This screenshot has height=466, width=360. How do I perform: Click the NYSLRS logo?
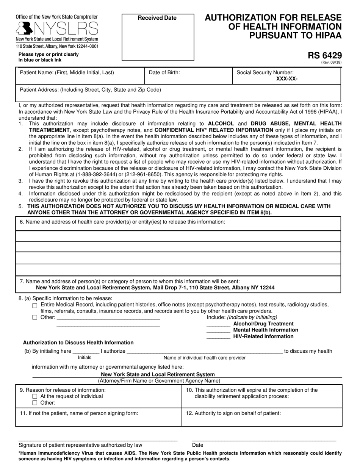(x=57, y=28)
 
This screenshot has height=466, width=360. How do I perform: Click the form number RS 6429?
(x=324, y=56)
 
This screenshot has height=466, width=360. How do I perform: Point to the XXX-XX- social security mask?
(x=287, y=79)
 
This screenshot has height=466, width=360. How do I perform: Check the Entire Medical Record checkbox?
(x=35, y=305)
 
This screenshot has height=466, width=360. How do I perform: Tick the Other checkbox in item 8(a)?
(x=35, y=317)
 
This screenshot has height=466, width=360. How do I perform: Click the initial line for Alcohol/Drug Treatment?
(x=218, y=324)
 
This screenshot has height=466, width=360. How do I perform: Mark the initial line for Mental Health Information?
(x=218, y=330)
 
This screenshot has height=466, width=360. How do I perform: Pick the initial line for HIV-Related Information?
(x=218, y=336)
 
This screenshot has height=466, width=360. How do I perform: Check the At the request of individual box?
(x=35, y=397)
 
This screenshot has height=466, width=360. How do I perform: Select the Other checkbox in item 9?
(x=35, y=403)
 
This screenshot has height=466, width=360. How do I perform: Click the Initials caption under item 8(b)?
(x=85, y=357)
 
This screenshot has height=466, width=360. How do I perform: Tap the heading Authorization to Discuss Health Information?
(x=78, y=342)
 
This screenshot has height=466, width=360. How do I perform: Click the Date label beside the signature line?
(x=197, y=445)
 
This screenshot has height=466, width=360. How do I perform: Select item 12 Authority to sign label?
(x=233, y=413)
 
